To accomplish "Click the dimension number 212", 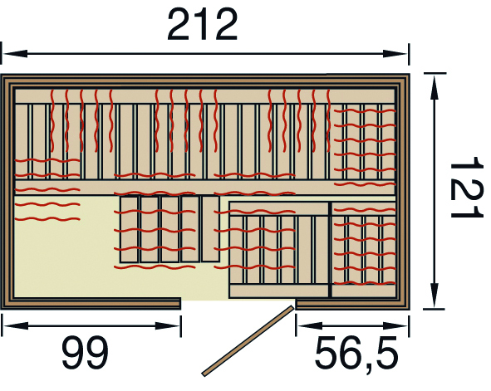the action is click(x=203, y=25).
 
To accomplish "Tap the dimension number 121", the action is click(x=466, y=187).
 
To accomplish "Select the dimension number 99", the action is click(x=86, y=353).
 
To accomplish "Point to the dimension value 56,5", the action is click(x=356, y=353).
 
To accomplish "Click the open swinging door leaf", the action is click(x=248, y=340).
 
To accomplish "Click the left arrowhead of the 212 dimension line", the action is click(x=15, y=53).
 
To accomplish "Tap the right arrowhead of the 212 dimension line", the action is click(x=395, y=53).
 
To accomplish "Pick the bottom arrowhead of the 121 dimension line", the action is click(x=434, y=296).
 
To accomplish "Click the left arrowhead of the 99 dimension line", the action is click(x=16, y=325).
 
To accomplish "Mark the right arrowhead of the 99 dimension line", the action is click(x=168, y=325).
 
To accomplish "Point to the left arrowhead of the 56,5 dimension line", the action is click(x=309, y=325).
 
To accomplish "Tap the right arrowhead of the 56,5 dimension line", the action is click(x=395, y=325).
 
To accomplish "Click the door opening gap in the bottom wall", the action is click(x=238, y=303).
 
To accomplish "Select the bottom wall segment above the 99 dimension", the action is click(x=91, y=303).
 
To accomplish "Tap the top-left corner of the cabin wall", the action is click(x=2, y=75).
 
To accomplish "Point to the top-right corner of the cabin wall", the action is click(x=410, y=75).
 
